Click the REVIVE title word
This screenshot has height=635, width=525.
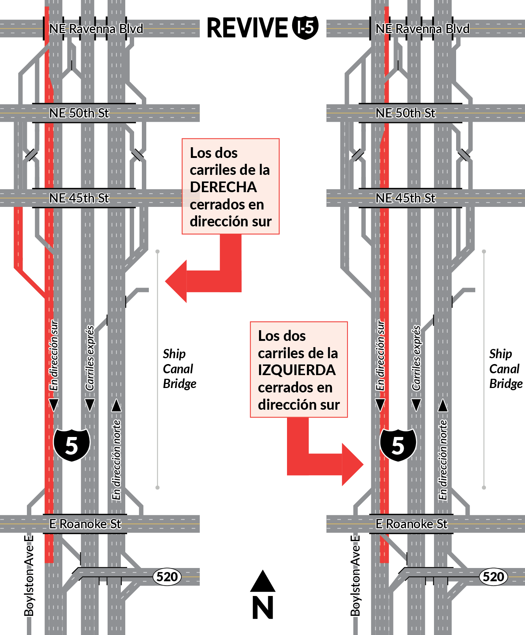(x=247, y=28)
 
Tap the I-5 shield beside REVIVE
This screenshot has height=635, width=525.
(x=305, y=28)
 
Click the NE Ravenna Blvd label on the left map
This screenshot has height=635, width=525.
(x=96, y=29)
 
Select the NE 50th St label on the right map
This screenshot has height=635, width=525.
(x=405, y=113)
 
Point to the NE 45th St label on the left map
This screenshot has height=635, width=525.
(x=79, y=198)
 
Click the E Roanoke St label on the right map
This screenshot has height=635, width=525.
(x=412, y=524)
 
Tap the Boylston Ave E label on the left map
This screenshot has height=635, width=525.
(x=29, y=576)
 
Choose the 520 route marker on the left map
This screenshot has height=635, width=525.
(x=167, y=576)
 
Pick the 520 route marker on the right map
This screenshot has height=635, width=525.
(x=493, y=576)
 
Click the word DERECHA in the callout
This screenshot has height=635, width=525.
(x=223, y=187)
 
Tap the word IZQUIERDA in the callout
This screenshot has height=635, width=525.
(x=297, y=370)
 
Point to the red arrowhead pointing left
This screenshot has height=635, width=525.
(x=176, y=281)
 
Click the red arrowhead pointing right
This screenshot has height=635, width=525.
(x=353, y=465)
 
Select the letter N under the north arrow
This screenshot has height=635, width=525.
(x=263, y=607)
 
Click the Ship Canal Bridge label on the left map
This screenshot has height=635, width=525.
(x=179, y=369)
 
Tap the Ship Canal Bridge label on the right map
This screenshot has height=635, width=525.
(x=505, y=369)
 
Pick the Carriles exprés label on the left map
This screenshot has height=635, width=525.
(x=90, y=358)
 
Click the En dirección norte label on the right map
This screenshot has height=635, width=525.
(x=443, y=460)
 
